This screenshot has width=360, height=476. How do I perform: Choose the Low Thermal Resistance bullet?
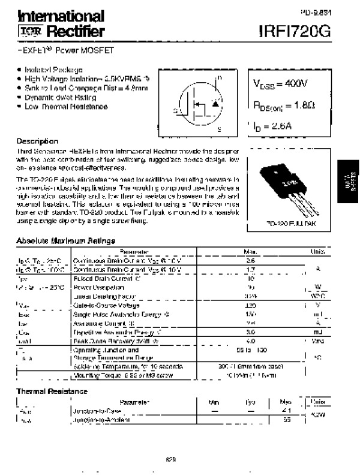pyautogui.click(x=66, y=107)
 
